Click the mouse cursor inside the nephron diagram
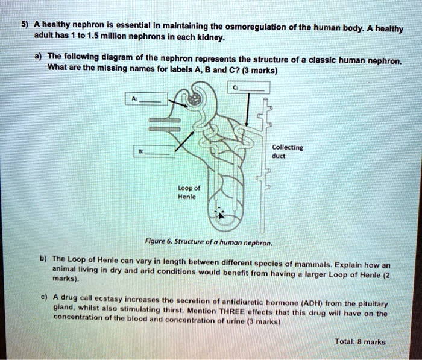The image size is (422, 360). (x=221, y=213)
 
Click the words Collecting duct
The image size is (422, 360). (x=288, y=151)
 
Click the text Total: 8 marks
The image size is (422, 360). (x=360, y=341)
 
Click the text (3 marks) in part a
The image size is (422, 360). (x=256, y=70)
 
